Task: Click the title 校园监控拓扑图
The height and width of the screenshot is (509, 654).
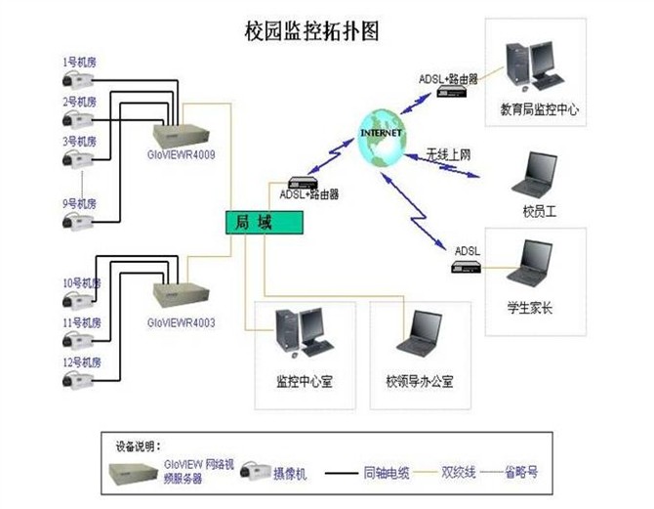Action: [311, 30]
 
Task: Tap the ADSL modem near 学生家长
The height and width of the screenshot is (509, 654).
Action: [465, 268]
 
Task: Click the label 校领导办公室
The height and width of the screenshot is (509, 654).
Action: [420, 380]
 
